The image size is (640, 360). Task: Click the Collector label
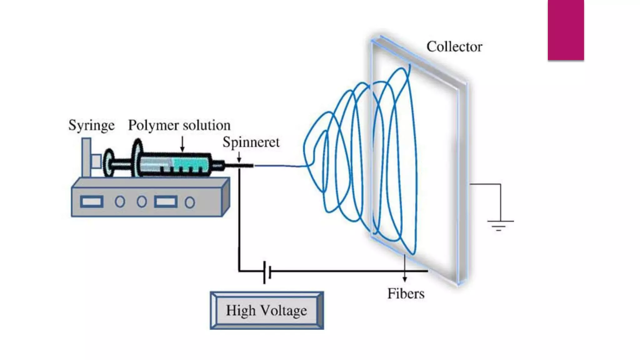pyautogui.click(x=454, y=47)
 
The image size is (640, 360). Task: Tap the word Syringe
pyautogui.click(x=91, y=126)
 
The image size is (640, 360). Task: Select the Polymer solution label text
pyautogui.click(x=179, y=126)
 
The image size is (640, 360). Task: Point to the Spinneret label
pyautogui.click(x=251, y=142)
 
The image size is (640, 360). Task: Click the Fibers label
pyautogui.click(x=406, y=294)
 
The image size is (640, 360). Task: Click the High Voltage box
pyautogui.click(x=267, y=310)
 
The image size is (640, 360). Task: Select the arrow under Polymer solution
pyautogui.click(x=182, y=144)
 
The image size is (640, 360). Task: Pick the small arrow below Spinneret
pyautogui.click(x=239, y=157)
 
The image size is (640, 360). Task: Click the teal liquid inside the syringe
pyautogui.click(x=191, y=163)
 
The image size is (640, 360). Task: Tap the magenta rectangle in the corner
pyautogui.click(x=566, y=30)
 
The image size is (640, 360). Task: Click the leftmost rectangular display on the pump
pyautogui.click(x=92, y=202)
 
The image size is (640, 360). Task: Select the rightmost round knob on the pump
pyautogui.click(x=190, y=202)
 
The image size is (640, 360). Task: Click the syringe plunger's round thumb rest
pyautogui.click(x=109, y=162)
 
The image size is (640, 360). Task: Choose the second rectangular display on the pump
pyautogui.click(x=166, y=202)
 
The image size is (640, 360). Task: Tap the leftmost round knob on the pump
pyautogui.click(x=120, y=202)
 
